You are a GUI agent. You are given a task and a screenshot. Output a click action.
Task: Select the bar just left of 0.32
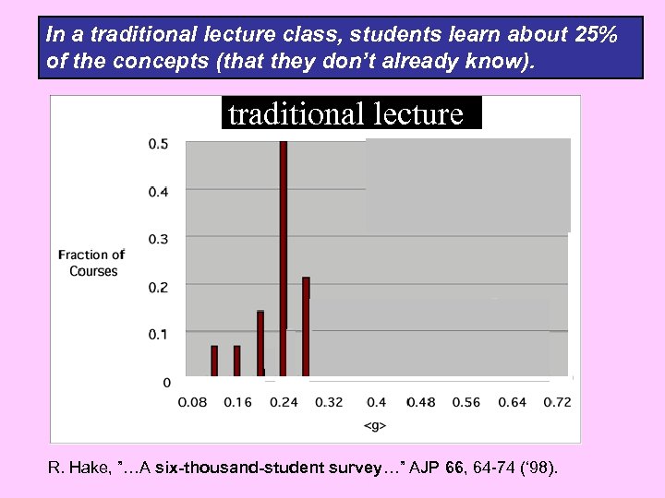306,326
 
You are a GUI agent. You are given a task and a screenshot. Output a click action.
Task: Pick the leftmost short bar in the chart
214,361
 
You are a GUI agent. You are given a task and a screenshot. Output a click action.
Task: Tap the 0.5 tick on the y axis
158,143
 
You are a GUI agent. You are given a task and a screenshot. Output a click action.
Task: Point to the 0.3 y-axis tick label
158,239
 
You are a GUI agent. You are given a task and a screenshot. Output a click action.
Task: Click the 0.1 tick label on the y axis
158,332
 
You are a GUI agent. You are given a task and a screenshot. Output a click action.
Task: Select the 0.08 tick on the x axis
191,402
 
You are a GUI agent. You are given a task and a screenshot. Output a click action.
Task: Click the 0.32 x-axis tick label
328,402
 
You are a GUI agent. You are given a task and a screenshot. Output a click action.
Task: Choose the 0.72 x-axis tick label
558,402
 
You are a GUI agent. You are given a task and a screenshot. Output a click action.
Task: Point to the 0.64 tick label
512,402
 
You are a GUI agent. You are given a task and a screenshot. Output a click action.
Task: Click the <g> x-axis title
374,425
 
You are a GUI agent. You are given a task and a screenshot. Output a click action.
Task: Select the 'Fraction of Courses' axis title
91,263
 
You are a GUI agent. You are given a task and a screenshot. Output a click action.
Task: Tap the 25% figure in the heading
596,35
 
